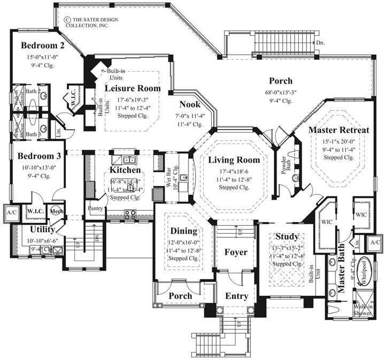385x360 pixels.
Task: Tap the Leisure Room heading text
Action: click(133, 88)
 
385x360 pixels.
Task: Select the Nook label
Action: click(190, 104)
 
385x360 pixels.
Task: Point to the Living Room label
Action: click(234, 160)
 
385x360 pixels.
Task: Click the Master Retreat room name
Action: click(339, 129)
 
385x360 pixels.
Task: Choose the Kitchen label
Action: click(125, 170)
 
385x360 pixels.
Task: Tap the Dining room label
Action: click(184, 231)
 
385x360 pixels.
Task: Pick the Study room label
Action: click(287, 236)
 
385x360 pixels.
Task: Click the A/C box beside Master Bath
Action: click(375, 242)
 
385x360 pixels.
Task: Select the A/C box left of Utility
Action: click(11, 211)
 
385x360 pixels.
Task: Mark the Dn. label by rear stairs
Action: click(320, 42)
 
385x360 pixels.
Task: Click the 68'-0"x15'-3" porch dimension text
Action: click(280, 91)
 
